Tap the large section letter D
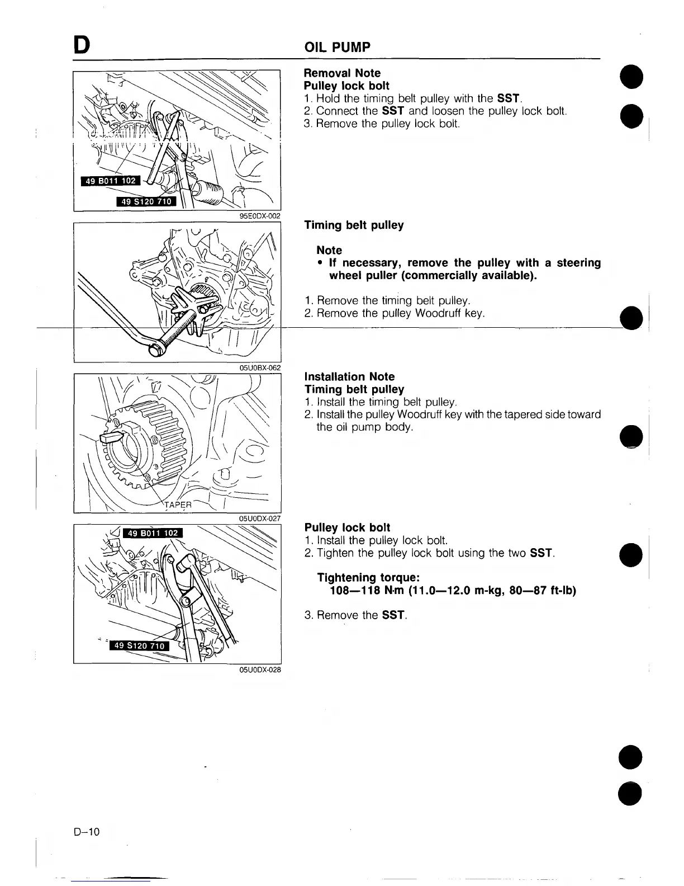[81, 45]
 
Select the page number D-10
[86, 832]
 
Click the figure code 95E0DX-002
[259, 215]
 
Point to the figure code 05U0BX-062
[259, 367]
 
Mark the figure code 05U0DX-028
[259, 670]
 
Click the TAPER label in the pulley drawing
[178, 504]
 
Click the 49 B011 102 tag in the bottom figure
[153, 533]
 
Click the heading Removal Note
[342, 73]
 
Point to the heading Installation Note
[349, 376]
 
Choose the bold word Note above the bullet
[329, 250]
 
